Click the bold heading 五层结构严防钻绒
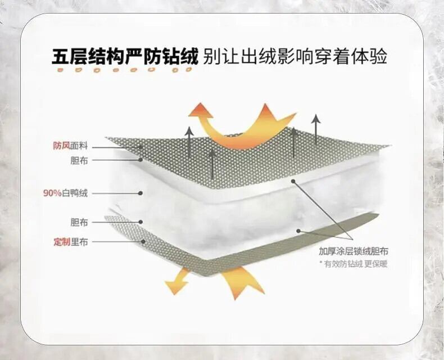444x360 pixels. point(125,57)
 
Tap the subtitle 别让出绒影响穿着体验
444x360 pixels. point(296,57)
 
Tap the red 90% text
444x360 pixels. point(52,193)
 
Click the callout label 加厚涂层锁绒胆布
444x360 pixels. point(354,251)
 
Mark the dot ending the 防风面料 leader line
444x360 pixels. point(142,147)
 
